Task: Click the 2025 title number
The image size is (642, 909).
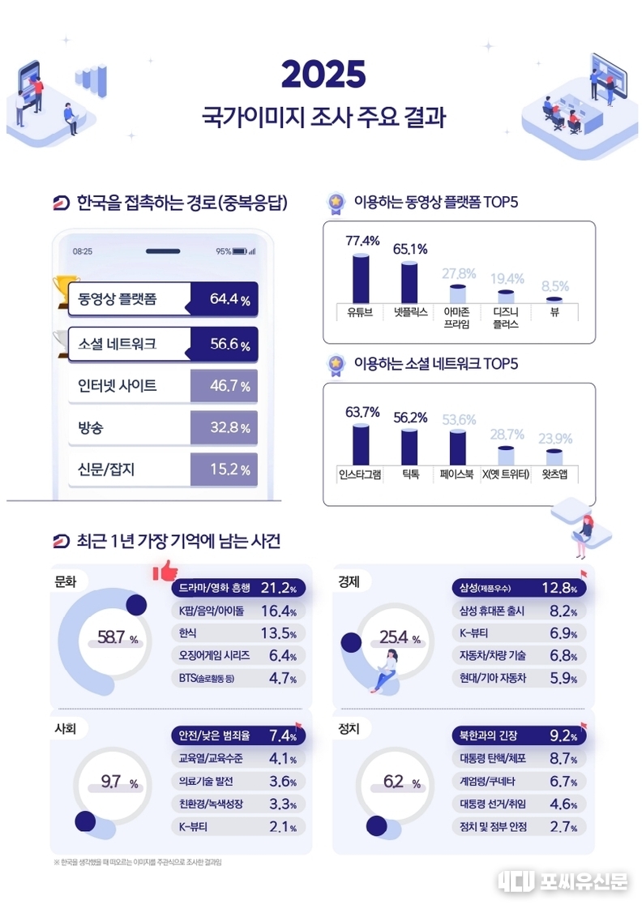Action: coord(323,75)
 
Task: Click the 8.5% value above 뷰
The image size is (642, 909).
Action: coord(555,286)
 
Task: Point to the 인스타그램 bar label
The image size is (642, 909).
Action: coord(360,474)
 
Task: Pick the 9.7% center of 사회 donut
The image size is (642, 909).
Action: coord(118,783)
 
